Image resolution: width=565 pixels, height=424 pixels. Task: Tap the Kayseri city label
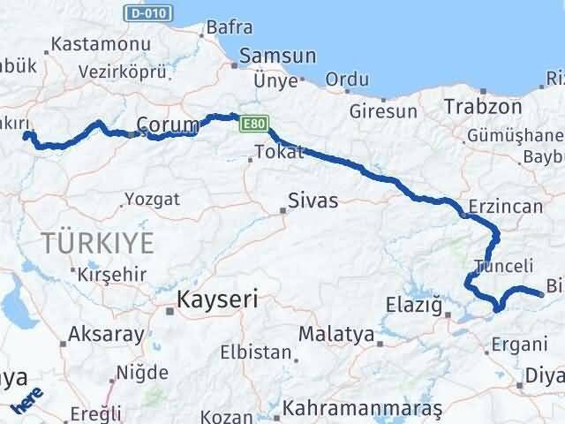tap(217, 299)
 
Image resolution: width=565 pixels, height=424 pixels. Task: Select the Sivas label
tap(312, 201)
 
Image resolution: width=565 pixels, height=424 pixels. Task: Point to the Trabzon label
tap(484, 106)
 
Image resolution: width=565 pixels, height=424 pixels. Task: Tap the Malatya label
tap(336, 334)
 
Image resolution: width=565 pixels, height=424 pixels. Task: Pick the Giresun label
tap(383, 111)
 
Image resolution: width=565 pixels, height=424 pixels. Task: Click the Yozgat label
tap(152, 200)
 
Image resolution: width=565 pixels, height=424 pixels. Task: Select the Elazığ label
tap(414, 306)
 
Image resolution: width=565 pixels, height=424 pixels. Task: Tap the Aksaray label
tap(104, 334)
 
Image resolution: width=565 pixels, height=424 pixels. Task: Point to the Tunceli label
tap(503, 266)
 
